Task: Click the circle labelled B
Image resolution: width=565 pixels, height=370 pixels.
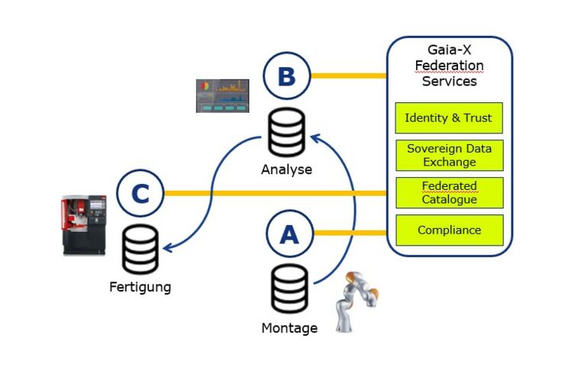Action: tap(286, 76)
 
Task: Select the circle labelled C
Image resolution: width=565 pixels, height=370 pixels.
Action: tap(140, 194)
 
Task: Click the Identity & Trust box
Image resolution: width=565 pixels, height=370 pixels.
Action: tap(449, 118)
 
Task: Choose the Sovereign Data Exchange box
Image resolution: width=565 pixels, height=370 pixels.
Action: tap(449, 155)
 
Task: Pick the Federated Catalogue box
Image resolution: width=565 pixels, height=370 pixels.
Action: tap(449, 192)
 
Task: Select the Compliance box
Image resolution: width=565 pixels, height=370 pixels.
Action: tap(449, 230)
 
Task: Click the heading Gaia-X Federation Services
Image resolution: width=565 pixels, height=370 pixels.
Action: tap(449, 65)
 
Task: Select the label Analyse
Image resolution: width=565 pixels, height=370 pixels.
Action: tap(286, 169)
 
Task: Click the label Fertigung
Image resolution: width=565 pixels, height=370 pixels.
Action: tap(139, 288)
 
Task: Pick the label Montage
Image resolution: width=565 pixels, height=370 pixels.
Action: tap(289, 328)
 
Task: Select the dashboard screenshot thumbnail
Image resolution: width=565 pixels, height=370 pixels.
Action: tap(223, 96)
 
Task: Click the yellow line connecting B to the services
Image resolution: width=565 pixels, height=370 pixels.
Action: tap(347, 76)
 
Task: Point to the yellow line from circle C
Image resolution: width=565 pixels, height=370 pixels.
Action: tap(275, 193)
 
